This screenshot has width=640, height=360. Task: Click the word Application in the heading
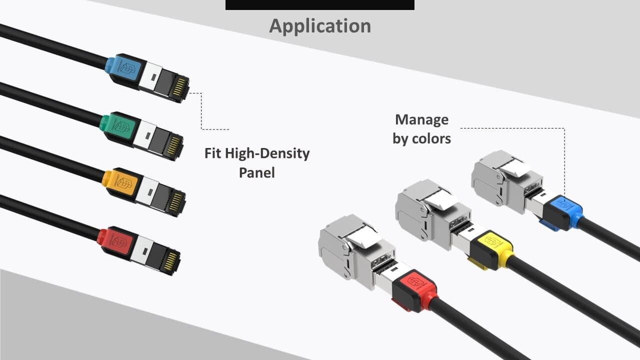pos(320,26)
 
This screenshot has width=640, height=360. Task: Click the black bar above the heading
pos(320,5)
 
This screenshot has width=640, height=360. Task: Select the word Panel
pos(257,173)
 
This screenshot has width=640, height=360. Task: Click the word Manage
pos(421,120)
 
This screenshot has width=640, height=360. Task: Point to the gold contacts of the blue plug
pos(178,87)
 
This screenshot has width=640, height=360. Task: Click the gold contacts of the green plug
pos(173,145)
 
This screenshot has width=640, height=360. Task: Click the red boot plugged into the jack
pos(415,290)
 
